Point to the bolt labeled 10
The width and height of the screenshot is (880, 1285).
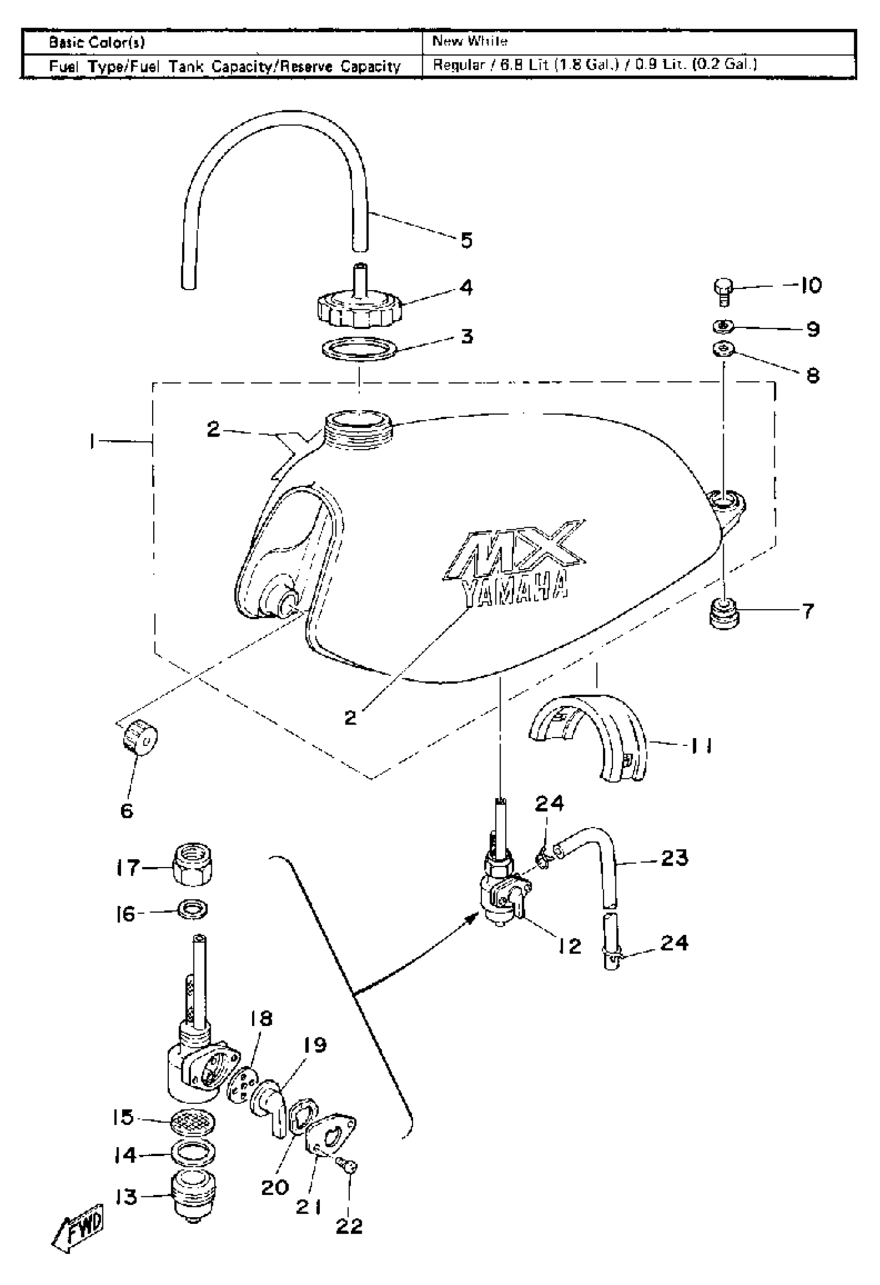(x=723, y=291)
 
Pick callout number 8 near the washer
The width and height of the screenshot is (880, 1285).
(x=812, y=376)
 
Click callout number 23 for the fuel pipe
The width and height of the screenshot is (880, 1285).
(x=674, y=858)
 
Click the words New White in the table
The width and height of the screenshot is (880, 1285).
(x=470, y=41)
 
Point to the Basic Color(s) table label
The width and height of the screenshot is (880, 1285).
(x=97, y=42)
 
